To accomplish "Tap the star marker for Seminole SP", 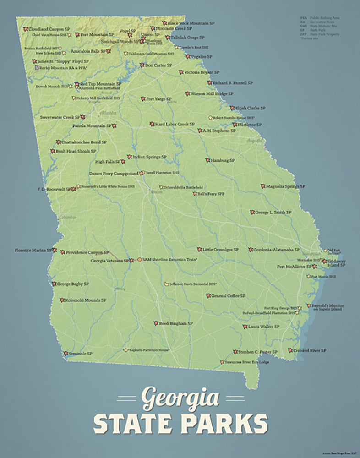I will tap(66, 354).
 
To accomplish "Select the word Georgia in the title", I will tap(180, 398).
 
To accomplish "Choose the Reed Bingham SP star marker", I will tap(156, 323).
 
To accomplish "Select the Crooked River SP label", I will tap(310, 350).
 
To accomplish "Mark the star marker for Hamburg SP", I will tap(207, 161).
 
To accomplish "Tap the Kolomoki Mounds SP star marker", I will tap(62, 300).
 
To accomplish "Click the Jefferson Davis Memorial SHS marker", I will tap(166, 284).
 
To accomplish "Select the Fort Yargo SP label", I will tap(159, 99).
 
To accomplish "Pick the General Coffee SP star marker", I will tap(208, 296).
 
